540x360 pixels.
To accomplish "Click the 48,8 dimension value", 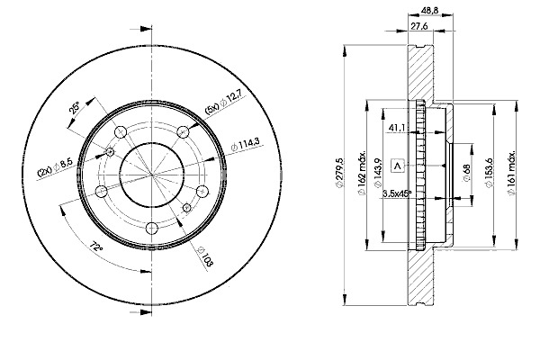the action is click(429, 11).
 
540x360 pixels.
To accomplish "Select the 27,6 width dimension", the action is click(419, 26).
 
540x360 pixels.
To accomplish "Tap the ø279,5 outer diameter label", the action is click(339, 173).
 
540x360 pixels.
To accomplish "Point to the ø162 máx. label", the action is click(362, 173).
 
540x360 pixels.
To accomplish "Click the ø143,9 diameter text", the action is click(378, 173).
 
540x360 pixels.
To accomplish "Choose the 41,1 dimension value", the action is click(396, 128).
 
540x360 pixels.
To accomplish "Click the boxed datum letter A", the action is click(398, 166).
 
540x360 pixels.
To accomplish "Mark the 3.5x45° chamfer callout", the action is click(397, 194).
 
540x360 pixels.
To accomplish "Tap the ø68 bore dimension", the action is click(466, 173).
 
